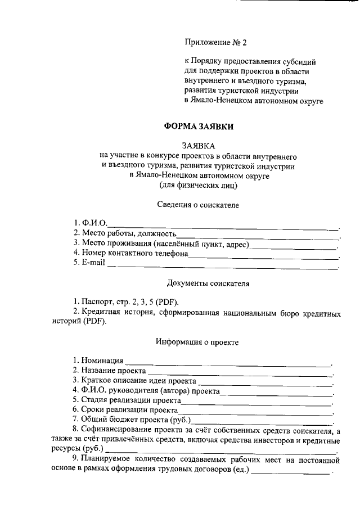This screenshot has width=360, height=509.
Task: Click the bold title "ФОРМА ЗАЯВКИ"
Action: tap(198, 127)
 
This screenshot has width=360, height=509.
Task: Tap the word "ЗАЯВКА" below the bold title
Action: tap(198, 145)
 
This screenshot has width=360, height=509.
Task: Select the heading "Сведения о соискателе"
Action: tap(197, 205)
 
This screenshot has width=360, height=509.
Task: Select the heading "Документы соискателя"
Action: tap(208, 283)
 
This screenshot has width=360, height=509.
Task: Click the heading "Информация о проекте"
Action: tap(197, 341)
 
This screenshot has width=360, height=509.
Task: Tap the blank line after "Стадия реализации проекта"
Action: tap(256, 402)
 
